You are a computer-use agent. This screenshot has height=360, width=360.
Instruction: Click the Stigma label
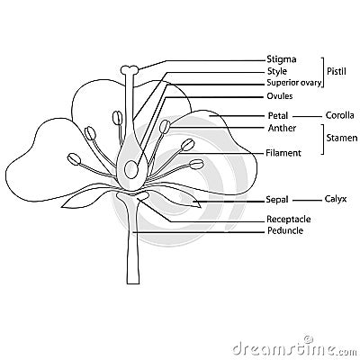[x=281, y=59]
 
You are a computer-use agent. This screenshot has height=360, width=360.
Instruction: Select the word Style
[x=277, y=71]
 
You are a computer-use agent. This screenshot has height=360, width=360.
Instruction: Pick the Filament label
[x=283, y=153]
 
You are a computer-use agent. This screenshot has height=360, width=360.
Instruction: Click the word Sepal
[x=277, y=199]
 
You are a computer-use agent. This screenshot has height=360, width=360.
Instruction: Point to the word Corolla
[x=338, y=116]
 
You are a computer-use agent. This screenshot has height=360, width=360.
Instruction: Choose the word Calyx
[x=336, y=199]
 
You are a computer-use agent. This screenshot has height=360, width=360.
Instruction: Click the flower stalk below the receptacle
[x=133, y=252]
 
